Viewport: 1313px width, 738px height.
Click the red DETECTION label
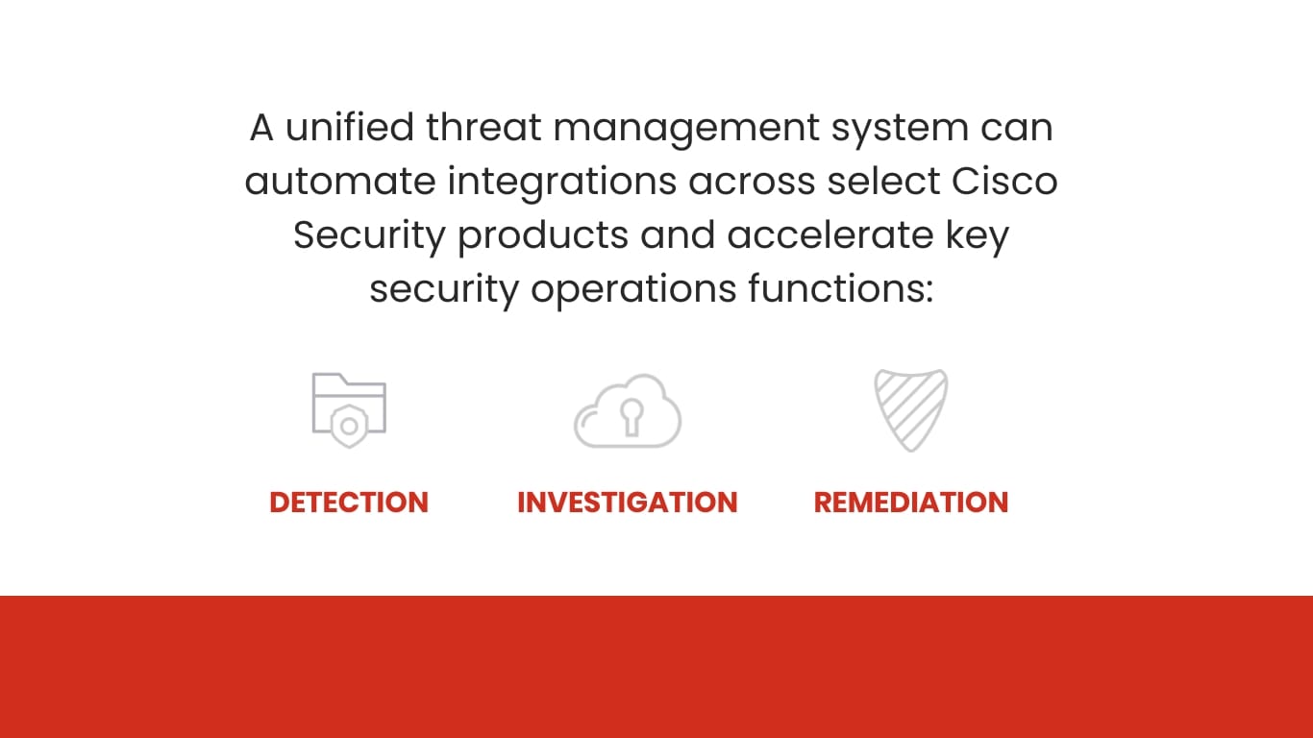point(349,503)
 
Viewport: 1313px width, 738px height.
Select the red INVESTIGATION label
point(627,503)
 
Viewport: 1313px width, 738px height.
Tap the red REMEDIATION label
point(910,503)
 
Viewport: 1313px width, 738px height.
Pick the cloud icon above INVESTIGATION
point(628,411)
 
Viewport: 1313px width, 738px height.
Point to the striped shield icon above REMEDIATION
point(910,410)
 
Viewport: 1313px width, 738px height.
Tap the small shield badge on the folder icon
point(349,425)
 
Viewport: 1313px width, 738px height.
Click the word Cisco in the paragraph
point(1004,181)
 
